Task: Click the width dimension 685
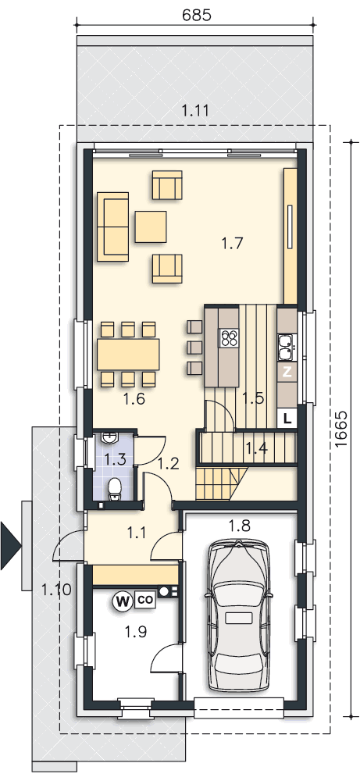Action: click(x=197, y=14)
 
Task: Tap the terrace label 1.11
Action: click(x=194, y=111)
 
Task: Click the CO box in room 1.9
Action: click(x=144, y=600)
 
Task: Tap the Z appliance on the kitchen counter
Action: click(x=287, y=372)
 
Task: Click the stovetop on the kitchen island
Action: click(x=229, y=338)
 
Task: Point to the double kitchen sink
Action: click(x=286, y=346)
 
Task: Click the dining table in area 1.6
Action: click(x=129, y=354)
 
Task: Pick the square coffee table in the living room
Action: click(x=151, y=226)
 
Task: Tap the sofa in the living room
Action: click(x=113, y=226)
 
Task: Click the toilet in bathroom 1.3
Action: click(x=115, y=487)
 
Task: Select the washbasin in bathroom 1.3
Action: click(x=109, y=438)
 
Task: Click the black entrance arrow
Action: click(x=10, y=545)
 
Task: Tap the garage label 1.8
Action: click(x=239, y=525)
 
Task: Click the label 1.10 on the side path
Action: click(x=55, y=590)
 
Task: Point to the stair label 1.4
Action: click(x=256, y=448)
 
